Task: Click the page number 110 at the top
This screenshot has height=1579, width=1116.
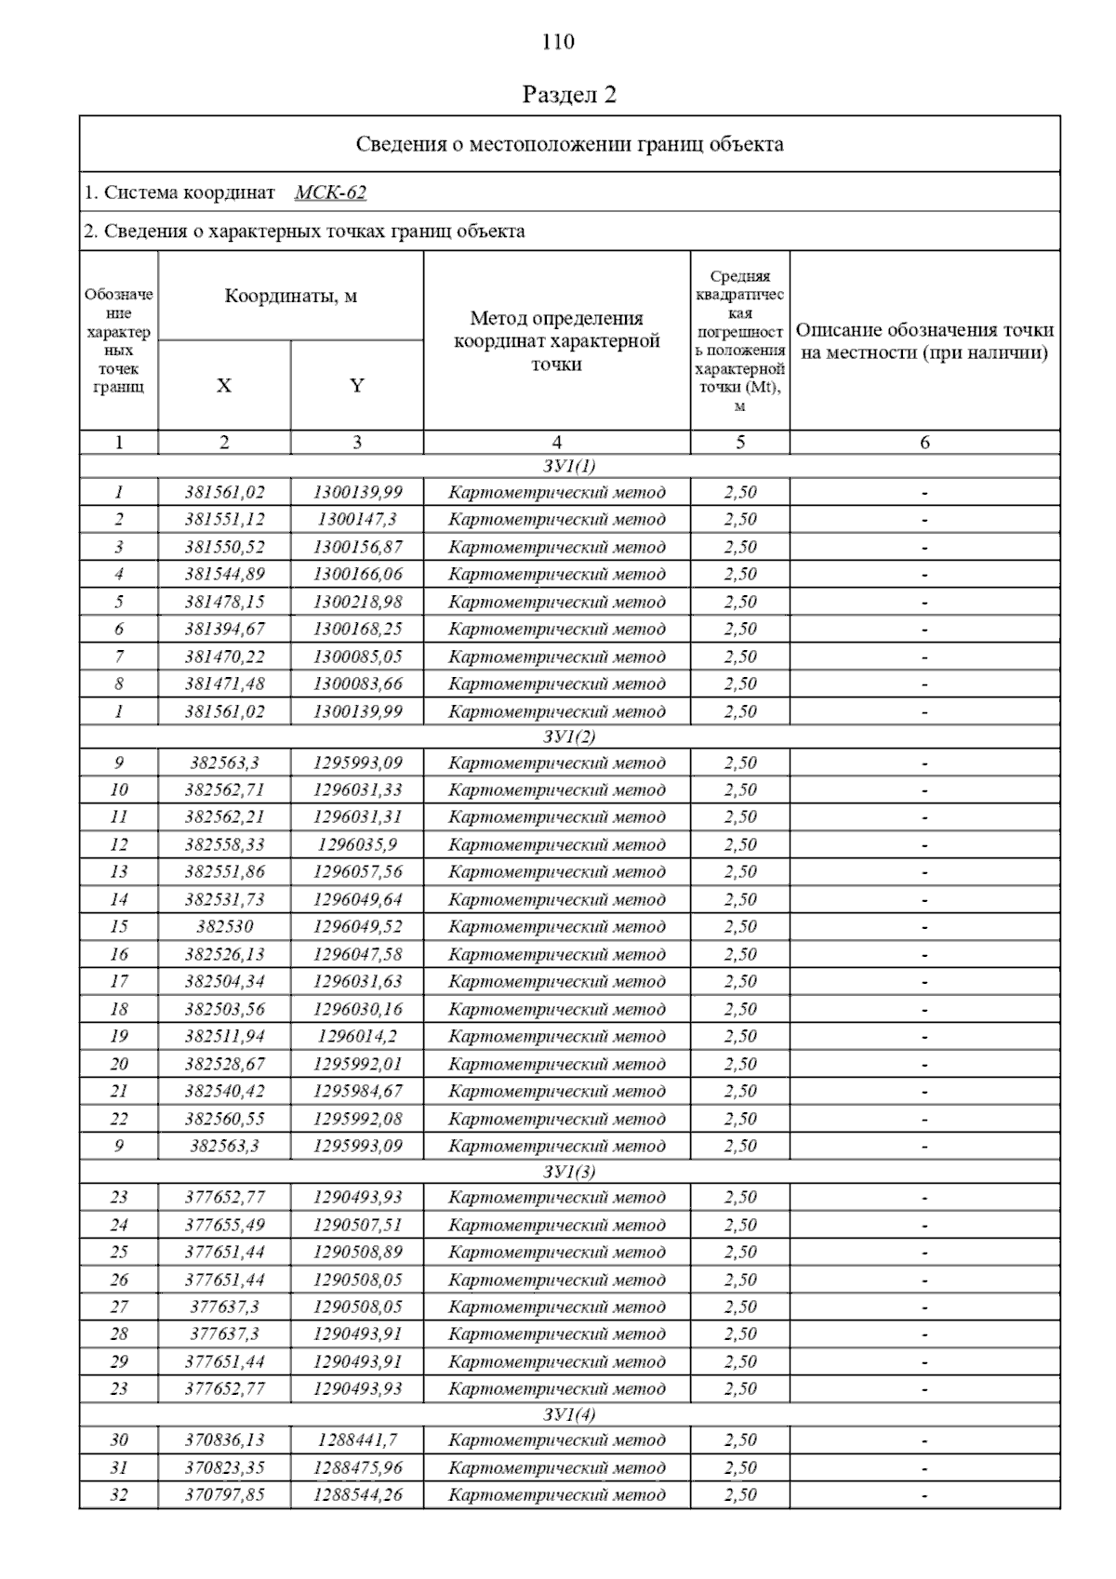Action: tap(558, 42)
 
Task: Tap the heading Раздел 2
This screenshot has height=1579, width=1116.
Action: tap(569, 95)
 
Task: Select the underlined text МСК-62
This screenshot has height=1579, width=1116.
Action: tap(330, 192)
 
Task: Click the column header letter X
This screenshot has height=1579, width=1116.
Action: tap(224, 386)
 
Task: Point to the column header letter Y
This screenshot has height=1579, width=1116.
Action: tap(357, 386)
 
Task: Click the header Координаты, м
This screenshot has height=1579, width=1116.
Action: tap(290, 297)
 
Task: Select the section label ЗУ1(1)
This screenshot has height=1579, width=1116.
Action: tap(569, 466)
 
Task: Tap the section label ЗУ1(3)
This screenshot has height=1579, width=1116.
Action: tap(569, 1172)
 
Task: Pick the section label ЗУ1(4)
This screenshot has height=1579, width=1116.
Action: tap(569, 1414)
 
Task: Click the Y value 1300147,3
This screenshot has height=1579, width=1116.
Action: tap(357, 519)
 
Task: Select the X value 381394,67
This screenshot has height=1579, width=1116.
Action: tap(224, 629)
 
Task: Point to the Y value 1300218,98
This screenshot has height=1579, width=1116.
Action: tap(357, 602)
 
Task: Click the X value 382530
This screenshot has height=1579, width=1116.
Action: tap(224, 926)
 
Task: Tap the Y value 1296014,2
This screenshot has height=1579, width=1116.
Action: tap(357, 1036)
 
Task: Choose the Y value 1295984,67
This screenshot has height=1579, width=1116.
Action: tap(357, 1091)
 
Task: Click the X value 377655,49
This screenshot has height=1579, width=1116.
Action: tap(224, 1225)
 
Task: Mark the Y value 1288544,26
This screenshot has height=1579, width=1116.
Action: tap(357, 1494)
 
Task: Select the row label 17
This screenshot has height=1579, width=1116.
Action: tap(119, 981)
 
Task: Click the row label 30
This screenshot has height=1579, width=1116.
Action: tap(119, 1440)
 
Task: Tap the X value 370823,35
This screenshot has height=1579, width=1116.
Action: tap(224, 1467)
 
